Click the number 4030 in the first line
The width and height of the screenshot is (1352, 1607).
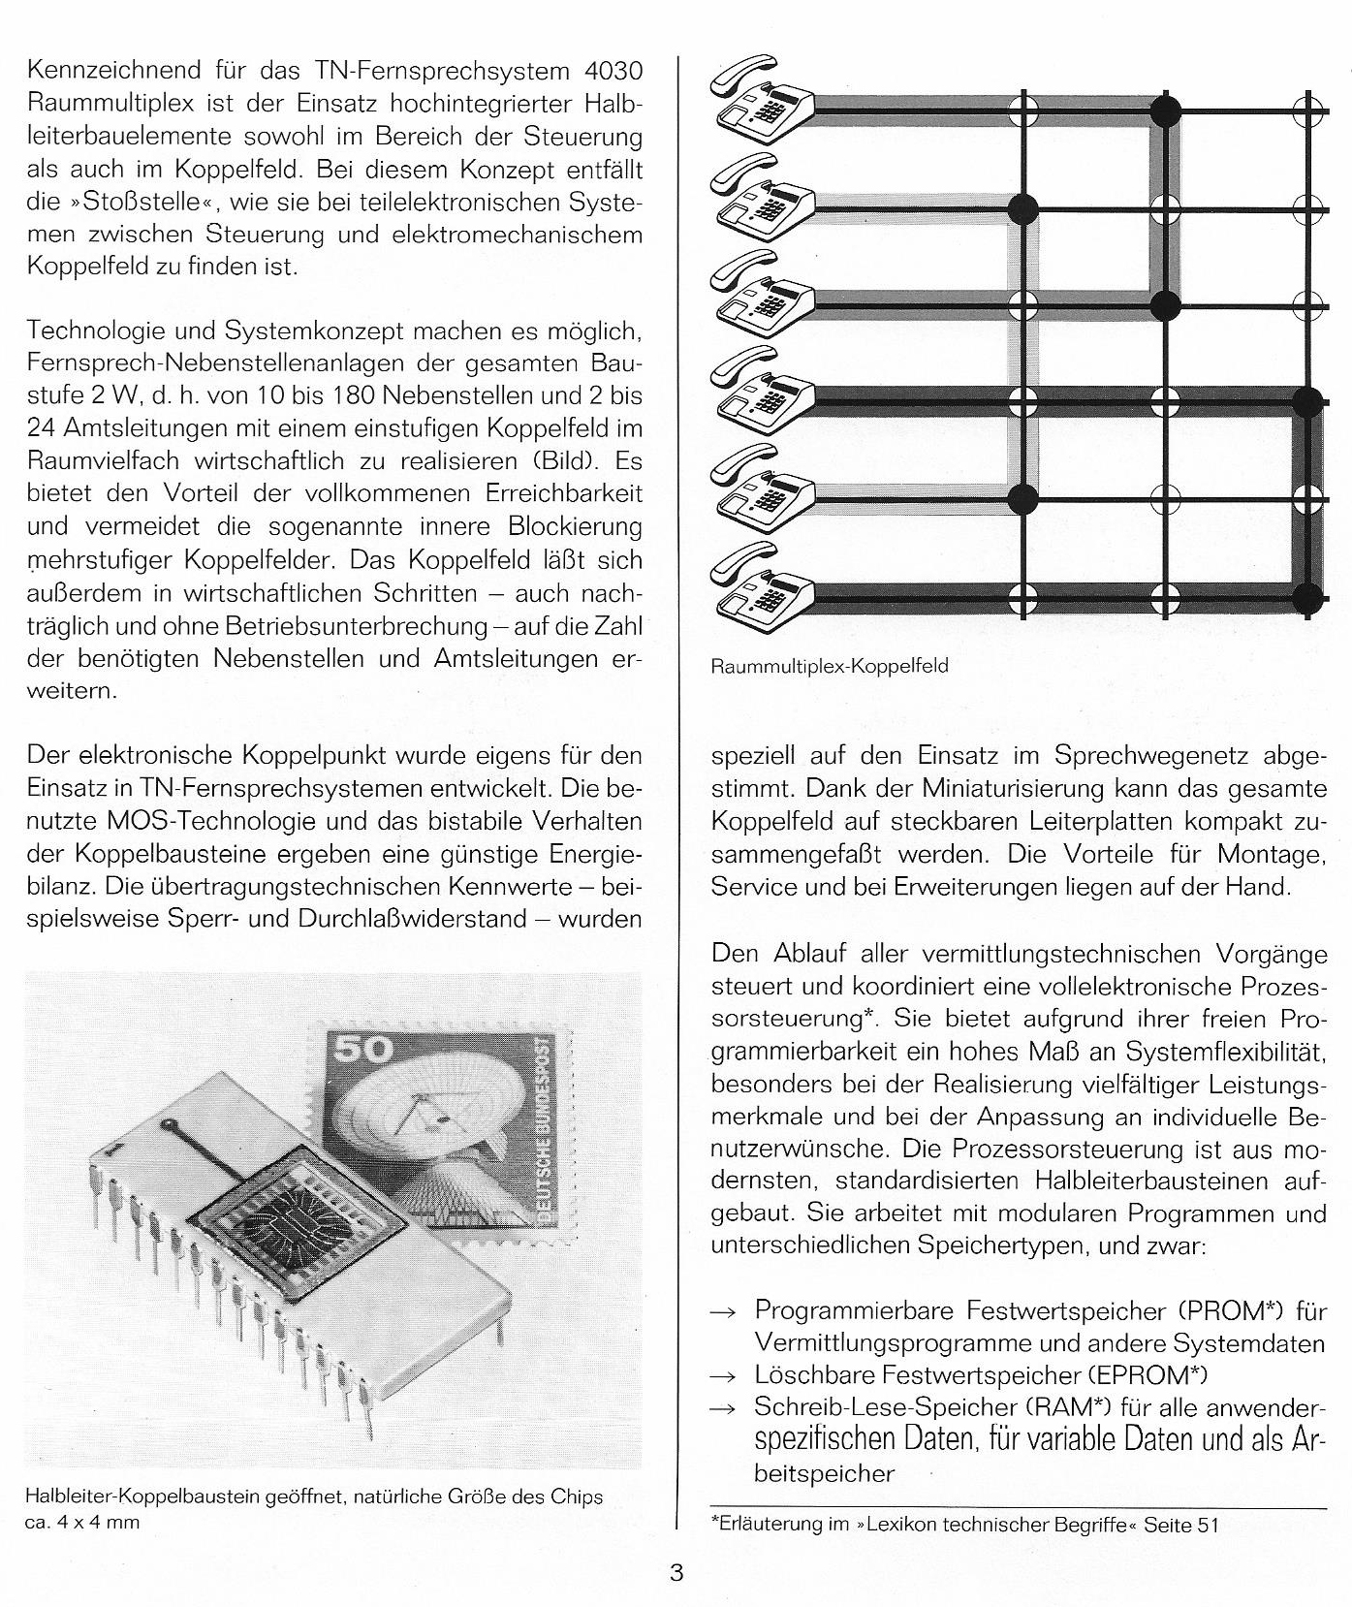point(609,71)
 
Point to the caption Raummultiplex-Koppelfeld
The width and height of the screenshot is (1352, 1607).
point(829,667)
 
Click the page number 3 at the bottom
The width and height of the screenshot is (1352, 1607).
point(676,1572)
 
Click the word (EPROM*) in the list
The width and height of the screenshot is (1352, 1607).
point(1148,1374)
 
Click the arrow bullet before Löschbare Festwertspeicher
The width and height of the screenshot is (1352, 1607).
point(723,1376)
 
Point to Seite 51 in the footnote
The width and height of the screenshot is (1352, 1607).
point(1180,1524)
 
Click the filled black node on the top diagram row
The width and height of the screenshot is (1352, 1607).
point(1165,110)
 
